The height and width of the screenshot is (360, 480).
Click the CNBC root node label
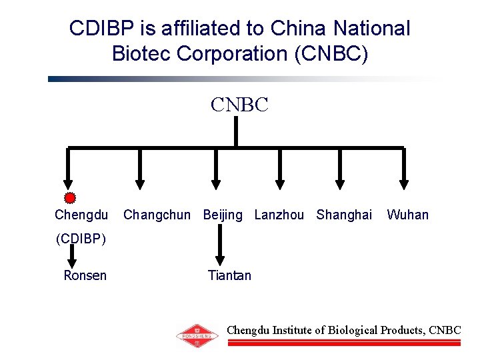pos(239,105)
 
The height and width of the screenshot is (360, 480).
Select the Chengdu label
pos(81,215)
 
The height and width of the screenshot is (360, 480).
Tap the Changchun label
pos(157,215)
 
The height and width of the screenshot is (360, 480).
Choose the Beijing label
pos(223,215)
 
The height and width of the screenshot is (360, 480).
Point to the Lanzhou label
pos(279,215)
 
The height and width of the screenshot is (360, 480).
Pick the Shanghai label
pos(344,215)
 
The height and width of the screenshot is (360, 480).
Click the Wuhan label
pos(407,215)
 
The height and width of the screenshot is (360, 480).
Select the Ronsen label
pos(85,275)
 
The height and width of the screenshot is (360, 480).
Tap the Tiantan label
pos(229,275)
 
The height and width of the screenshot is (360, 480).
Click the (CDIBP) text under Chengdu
pos(80,238)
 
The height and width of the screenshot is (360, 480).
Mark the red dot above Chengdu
pos(69,197)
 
